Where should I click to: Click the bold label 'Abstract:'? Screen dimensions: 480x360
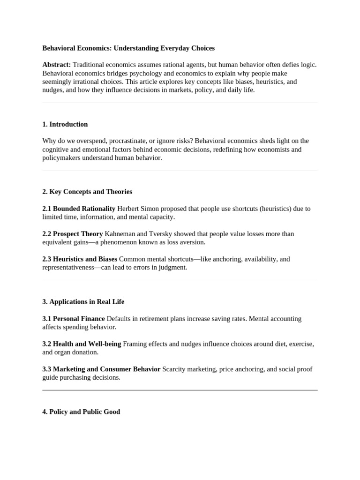point(57,65)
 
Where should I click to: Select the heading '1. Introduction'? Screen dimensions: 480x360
point(65,124)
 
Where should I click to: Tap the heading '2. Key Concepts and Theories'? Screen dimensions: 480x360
point(87,192)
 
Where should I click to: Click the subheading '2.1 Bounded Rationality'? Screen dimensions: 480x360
point(79,209)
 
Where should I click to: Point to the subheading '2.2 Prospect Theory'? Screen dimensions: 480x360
point(73,234)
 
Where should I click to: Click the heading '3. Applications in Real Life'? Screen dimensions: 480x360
point(83,302)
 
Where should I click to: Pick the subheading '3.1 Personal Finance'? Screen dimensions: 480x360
point(74,319)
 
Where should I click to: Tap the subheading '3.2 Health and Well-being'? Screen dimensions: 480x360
point(82,344)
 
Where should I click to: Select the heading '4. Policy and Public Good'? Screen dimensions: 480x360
point(81,412)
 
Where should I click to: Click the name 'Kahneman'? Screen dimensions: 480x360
point(120,234)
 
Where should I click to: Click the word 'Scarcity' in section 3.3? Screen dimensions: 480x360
point(175,369)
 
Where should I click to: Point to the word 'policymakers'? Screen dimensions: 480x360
point(62,158)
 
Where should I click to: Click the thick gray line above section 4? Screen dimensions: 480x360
point(180,390)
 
